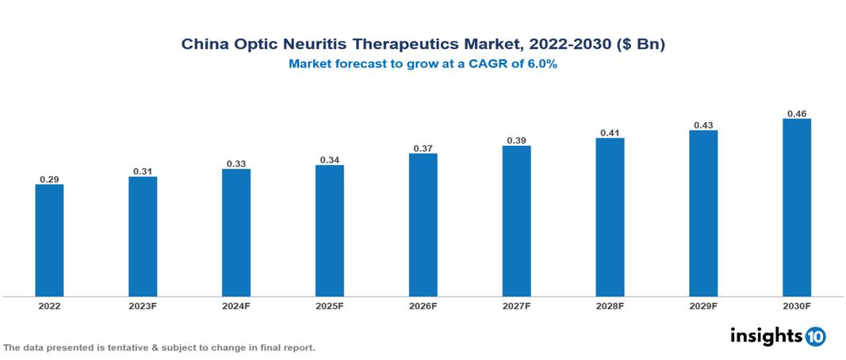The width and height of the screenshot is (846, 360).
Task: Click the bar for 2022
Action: point(49,240)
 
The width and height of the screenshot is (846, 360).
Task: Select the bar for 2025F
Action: point(329,231)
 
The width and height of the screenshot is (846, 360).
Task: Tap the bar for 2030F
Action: point(797,208)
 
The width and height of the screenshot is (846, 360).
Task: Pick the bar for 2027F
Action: point(516,221)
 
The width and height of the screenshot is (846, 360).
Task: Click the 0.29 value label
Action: point(49,179)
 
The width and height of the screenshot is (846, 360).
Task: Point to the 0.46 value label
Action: point(797,114)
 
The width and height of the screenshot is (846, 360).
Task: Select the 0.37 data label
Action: point(423,148)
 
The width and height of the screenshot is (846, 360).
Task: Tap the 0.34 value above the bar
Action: point(329,160)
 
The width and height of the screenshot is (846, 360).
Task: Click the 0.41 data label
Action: point(610,133)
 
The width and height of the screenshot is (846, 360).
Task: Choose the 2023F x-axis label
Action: point(143,305)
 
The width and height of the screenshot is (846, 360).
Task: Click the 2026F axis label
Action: point(423,305)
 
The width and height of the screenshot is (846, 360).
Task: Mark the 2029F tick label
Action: point(703,305)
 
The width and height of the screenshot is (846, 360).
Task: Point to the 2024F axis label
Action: point(236,305)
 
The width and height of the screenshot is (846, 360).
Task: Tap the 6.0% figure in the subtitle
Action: point(540,64)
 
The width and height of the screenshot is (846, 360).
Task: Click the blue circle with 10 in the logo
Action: point(816,336)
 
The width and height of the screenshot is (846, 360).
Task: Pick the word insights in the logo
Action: point(766,335)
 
